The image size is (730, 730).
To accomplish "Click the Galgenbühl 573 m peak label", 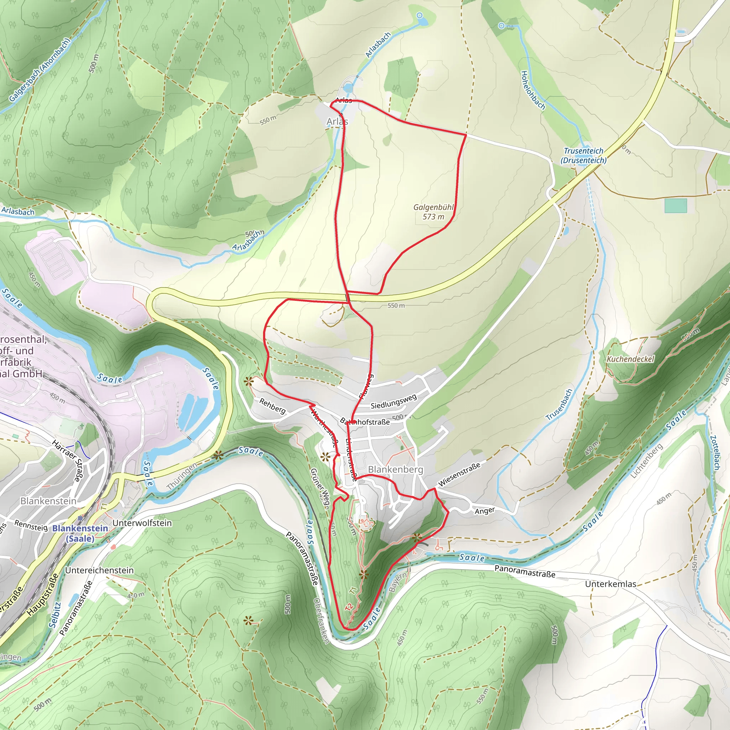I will pyautogui.click(x=433, y=212).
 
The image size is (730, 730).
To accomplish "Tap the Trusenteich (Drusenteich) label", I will pyautogui.click(x=584, y=155).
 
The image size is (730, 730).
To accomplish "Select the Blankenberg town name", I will pyautogui.click(x=396, y=469).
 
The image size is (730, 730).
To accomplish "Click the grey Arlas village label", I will pyautogui.click(x=337, y=121).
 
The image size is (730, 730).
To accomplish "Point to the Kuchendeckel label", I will pyautogui.click(x=630, y=359).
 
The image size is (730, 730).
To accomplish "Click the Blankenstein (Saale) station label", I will pyautogui.click(x=80, y=533).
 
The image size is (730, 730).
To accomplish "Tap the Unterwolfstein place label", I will pyautogui.click(x=142, y=523).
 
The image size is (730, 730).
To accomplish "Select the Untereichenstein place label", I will pyautogui.click(x=99, y=570).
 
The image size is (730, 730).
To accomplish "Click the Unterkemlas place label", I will pyautogui.click(x=611, y=584).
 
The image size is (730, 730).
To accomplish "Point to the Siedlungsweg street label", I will pyautogui.click(x=394, y=401).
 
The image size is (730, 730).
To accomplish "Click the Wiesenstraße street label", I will pyautogui.click(x=459, y=474).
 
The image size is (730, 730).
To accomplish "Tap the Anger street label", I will pyautogui.click(x=484, y=511).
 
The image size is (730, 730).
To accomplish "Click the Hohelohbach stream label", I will pyautogui.click(x=533, y=90).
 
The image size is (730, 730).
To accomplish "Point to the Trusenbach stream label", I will pyautogui.click(x=560, y=405).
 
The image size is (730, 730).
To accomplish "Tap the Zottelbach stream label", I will pyautogui.click(x=714, y=453).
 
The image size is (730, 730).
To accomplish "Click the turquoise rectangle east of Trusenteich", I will pyautogui.click(x=675, y=206).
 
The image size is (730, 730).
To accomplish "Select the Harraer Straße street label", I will pyautogui.click(x=67, y=461).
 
